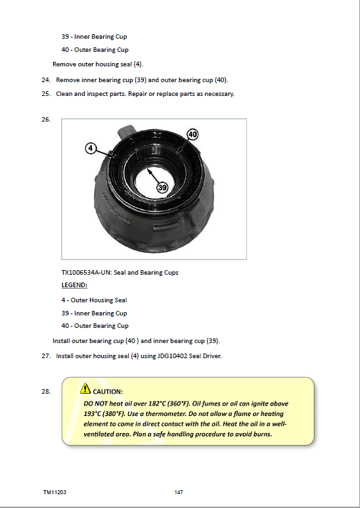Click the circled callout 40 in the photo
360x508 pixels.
click(193, 135)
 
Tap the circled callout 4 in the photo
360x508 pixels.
click(90, 149)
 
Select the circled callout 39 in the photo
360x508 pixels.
click(162, 187)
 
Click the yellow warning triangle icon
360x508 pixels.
click(85, 388)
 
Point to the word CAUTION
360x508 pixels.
click(108, 392)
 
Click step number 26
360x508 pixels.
click(46, 119)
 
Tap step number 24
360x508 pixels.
click(46, 80)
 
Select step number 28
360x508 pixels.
click(46, 392)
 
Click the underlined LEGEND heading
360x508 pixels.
click(74, 285)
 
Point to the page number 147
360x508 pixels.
click(179, 492)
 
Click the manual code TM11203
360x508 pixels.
click(55, 492)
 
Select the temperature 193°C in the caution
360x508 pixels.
click(92, 414)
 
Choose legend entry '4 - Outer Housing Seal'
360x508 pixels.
click(94, 300)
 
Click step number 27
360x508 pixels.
click(46, 356)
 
